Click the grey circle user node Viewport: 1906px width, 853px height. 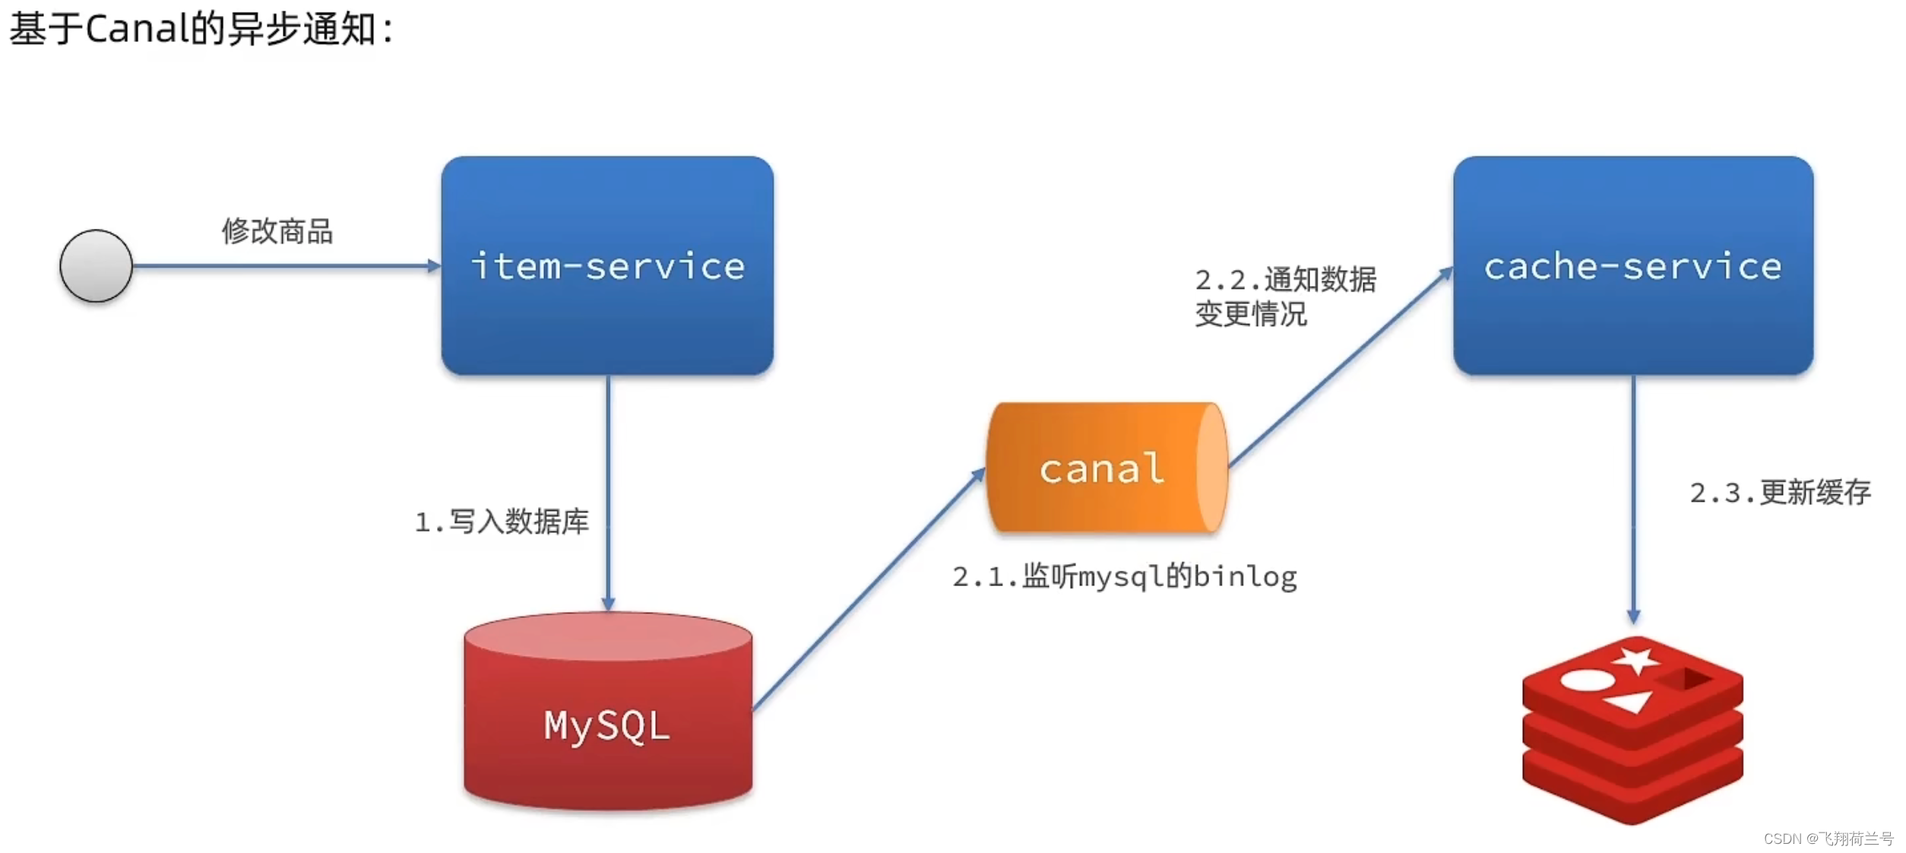coord(96,266)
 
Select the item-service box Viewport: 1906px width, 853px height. coord(607,265)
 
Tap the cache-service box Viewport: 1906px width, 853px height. coord(1632,265)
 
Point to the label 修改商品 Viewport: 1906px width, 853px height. coord(277,231)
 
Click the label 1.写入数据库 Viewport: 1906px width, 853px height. coord(502,522)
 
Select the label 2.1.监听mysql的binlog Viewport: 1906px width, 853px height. coord(1124,576)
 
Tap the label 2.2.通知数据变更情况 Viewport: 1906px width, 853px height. coord(1284,296)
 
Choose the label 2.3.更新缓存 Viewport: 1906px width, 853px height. coord(1779,493)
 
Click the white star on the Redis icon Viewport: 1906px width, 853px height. coord(1636,660)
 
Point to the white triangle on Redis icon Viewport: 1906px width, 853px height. coord(1629,701)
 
